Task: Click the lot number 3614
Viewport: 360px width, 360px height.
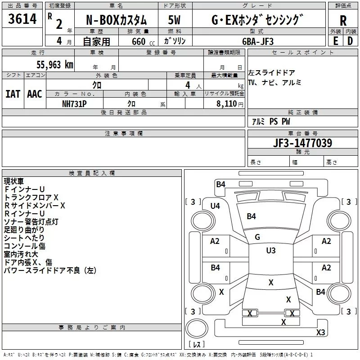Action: coord(22,19)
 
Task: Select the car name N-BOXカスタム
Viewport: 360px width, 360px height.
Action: coord(117,20)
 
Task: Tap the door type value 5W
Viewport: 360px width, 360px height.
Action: coord(175,20)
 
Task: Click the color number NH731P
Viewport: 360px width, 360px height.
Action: coord(75,103)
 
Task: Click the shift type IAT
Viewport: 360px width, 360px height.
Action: coord(13,94)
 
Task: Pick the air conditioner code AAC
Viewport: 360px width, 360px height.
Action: coord(35,94)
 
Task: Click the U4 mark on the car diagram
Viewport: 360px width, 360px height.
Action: coord(215,206)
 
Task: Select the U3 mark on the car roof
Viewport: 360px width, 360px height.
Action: coord(270,250)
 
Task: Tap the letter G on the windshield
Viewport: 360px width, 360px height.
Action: coord(257,237)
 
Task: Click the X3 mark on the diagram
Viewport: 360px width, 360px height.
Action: coord(320,333)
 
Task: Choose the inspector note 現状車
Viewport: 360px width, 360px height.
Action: coord(14,181)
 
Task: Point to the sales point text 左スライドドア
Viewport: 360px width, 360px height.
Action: coord(272,73)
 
